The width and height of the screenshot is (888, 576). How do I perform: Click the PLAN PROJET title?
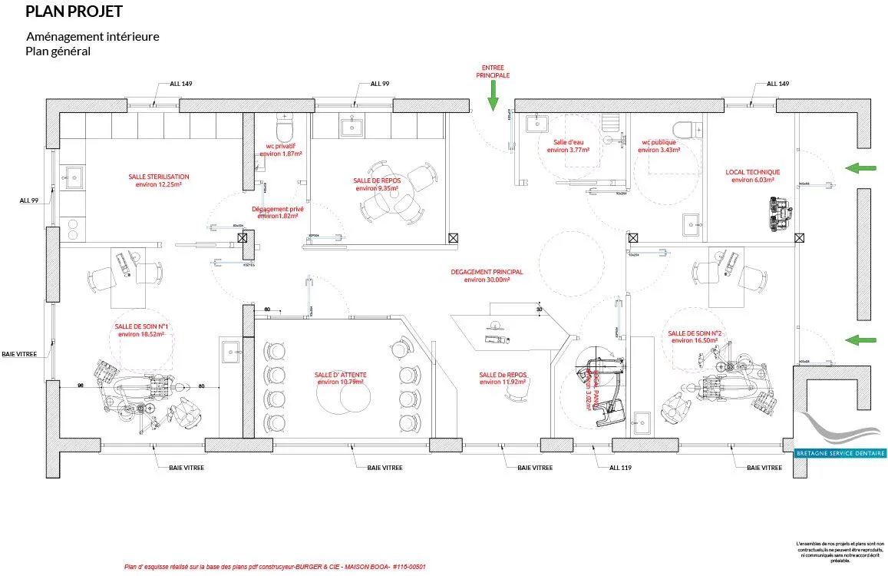[x=74, y=12]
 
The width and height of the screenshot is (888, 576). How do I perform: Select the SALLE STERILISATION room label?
[x=159, y=180]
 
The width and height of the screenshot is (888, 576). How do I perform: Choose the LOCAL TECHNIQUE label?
[x=753, y=176]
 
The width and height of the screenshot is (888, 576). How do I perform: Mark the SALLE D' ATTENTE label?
[x=340, y=378]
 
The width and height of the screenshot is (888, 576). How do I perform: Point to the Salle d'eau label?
[x=569, y=146]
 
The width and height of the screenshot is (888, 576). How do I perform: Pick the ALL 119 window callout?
[x=620, y=467]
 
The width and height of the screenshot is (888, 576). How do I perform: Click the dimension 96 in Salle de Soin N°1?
[x=79, y=385]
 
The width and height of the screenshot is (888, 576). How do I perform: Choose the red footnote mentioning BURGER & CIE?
[x=275, y=567]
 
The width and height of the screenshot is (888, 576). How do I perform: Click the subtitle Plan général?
[x=58, y=51]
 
